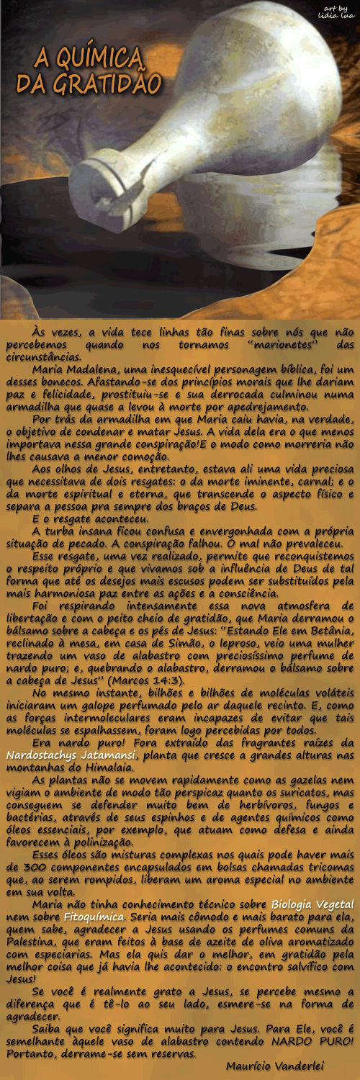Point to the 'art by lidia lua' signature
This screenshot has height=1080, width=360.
[339, 12]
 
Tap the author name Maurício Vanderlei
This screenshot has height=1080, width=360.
[274, 1066]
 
